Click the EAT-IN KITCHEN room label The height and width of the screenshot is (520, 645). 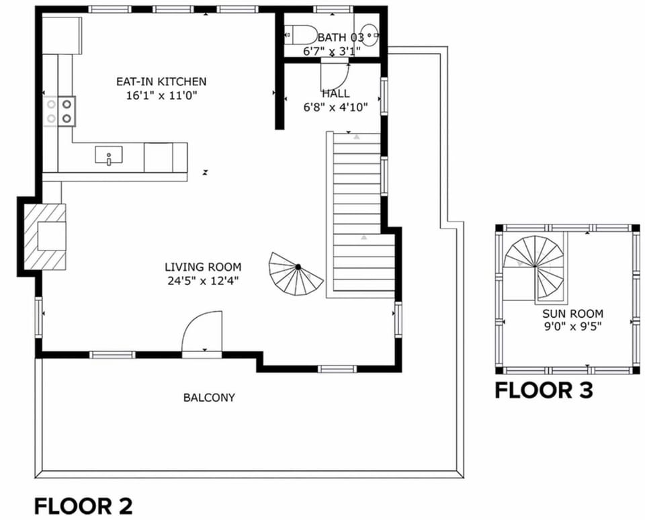coord(161,81)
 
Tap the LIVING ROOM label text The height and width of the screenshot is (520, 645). coord(203,267)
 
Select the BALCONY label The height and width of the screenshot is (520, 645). coord(209,398)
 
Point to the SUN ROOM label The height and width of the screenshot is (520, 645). coord(572,314)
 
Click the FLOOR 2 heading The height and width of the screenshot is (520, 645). coord(83,506)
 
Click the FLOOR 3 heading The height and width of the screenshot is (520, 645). coord(544,390)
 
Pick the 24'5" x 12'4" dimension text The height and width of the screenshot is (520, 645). coord(203,281)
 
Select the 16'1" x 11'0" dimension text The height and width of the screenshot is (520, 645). coord(161,95)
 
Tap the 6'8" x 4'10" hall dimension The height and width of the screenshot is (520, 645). coord(335,107)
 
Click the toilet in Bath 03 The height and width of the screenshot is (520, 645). coord(300,35)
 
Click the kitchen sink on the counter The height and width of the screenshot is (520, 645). coord(109,155)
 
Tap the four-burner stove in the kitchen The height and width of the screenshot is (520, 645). coord(59,111)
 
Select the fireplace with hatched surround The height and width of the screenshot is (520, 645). coord(45,236)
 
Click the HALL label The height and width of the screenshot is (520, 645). coord(336,93)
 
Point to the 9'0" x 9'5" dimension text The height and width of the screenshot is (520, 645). coord(572,327)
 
